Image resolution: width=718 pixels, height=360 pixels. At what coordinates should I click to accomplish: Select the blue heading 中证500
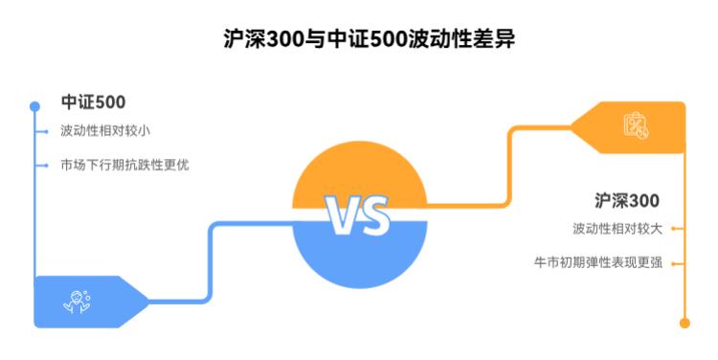(94, 102)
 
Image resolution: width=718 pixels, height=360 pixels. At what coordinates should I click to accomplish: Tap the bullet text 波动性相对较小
(105, 131)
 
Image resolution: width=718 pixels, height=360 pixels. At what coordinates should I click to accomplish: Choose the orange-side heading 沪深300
(627, 201)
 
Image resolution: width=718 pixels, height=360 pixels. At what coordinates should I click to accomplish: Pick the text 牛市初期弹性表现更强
(597, 261)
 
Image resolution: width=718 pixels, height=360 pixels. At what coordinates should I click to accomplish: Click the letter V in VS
(342, 217)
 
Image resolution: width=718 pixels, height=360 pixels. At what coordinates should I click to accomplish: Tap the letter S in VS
(376, 217)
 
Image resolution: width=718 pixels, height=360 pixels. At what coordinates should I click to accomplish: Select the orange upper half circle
(359, 172)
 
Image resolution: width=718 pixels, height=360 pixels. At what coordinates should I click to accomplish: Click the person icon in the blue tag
(78, 302)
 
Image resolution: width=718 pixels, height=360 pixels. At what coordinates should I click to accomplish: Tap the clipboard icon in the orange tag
(637, 125)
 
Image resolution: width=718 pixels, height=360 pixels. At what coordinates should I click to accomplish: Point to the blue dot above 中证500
(34, 105)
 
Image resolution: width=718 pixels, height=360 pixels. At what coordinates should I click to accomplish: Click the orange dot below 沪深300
(684, 324)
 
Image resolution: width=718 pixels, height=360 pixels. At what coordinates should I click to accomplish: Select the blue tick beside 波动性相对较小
(43, 131)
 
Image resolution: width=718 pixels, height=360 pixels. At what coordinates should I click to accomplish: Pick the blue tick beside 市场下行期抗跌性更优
(43, 165)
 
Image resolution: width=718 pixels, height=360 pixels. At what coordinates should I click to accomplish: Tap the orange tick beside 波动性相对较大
(676, 229)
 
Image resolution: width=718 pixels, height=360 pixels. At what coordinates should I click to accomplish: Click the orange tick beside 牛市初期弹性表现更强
(676, 261)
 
